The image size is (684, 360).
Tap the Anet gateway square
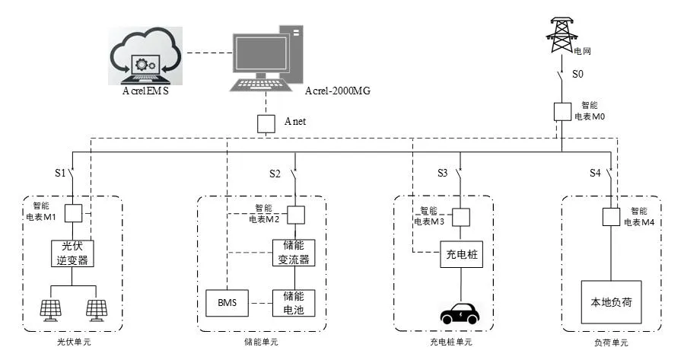click(x=265, y=123)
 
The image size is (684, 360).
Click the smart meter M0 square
click(x=562, y=111)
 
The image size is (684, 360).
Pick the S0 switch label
click(x=578, y=75)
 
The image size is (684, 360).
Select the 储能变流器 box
click(x=294, y=253)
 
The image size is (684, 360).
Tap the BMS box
click(x=227, y=304)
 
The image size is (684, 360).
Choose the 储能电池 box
click(x=294, y=304)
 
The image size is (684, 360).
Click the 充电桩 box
click(x=460, y=253)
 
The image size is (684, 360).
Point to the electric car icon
click(x=460, y=313)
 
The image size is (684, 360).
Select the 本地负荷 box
click(x=612, y=303)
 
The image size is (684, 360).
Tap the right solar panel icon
click(x=96, y=309)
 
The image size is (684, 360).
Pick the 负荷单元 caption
click(x=611, y=343)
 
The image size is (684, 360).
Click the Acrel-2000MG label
click(x=342, y=92)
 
